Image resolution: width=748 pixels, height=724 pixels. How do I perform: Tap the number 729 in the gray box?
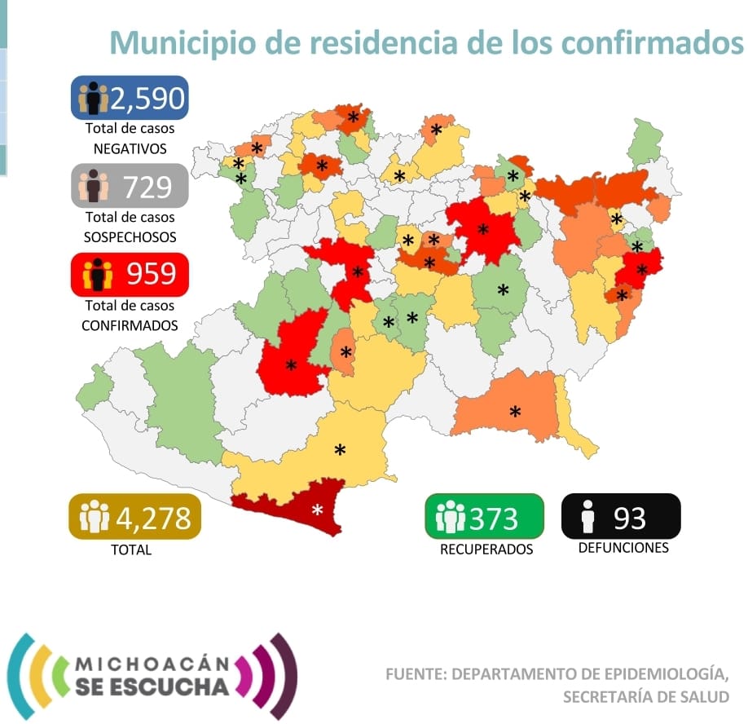click(x=147, y=188)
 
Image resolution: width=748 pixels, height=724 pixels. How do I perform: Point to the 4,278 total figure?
click(x=153, y=517)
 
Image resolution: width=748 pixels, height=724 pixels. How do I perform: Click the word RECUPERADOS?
click(x=486, y=550)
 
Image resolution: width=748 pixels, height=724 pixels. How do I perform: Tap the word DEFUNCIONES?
click(x=623, y=548)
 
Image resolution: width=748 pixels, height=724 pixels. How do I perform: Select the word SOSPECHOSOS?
click(x=130, y=237)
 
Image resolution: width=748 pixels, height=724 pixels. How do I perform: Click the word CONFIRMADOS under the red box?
click(x=130, y=325)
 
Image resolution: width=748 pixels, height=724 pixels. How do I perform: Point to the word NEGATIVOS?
click(x=130, y=149)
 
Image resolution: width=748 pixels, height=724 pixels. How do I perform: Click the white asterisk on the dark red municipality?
click(x=318, y=510)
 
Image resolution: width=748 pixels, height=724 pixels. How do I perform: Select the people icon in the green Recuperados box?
click(x=450, y=517)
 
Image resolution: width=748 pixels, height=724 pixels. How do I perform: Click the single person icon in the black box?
click(x=586, y=517)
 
